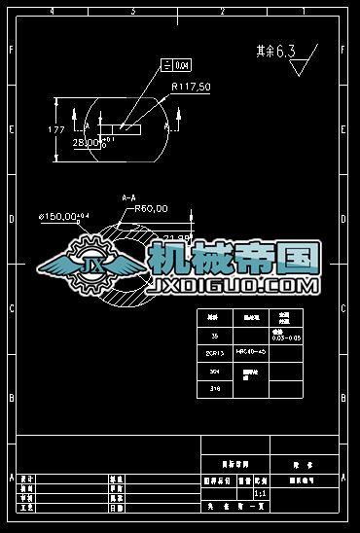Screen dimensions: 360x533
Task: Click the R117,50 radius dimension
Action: pyautogui.click(x=191, y=88)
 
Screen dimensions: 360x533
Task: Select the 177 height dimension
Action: pyautogui.click(x=55, y=128)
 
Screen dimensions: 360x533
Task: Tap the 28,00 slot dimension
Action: pyautogui.click(x=89, y=142)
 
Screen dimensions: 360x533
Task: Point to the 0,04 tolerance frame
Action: pyautogui.click(x=177, y=65)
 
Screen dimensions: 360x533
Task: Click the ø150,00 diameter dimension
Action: pyautogui.click(x=63, y=216)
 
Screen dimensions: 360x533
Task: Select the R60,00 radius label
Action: pyautogui.click(x=151, y=208)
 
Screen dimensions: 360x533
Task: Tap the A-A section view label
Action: pyautogui.click(x=128, y=198)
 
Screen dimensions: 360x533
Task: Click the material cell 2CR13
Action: pyautogui.click(x=215, y=352)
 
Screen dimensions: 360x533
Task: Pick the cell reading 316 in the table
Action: pyautogui.click(x=215, y=387)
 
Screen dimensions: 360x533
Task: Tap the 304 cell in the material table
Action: pyautogui.click(x=215, y=371)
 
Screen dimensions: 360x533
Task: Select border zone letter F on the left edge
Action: pyautogui.click(x=11, y=50)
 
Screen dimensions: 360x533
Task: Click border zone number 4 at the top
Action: pyautogui.click(x=52, y=11)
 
